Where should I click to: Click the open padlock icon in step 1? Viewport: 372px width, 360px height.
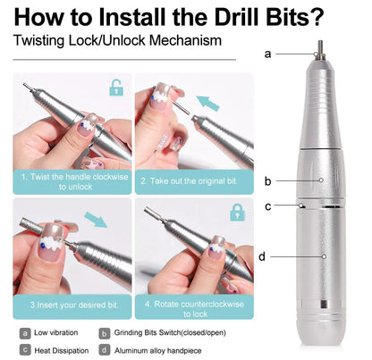point(115,88)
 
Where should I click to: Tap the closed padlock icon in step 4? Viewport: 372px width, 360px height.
point(237,213)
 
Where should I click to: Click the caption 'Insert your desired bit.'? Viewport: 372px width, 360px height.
point(74,303)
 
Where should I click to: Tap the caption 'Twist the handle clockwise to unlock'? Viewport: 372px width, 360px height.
point(74,182)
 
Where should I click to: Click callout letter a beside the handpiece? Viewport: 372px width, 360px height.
point(267,53)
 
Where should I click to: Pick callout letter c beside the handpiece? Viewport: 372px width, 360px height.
point(267,206)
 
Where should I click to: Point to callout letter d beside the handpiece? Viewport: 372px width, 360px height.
point(261,256)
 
